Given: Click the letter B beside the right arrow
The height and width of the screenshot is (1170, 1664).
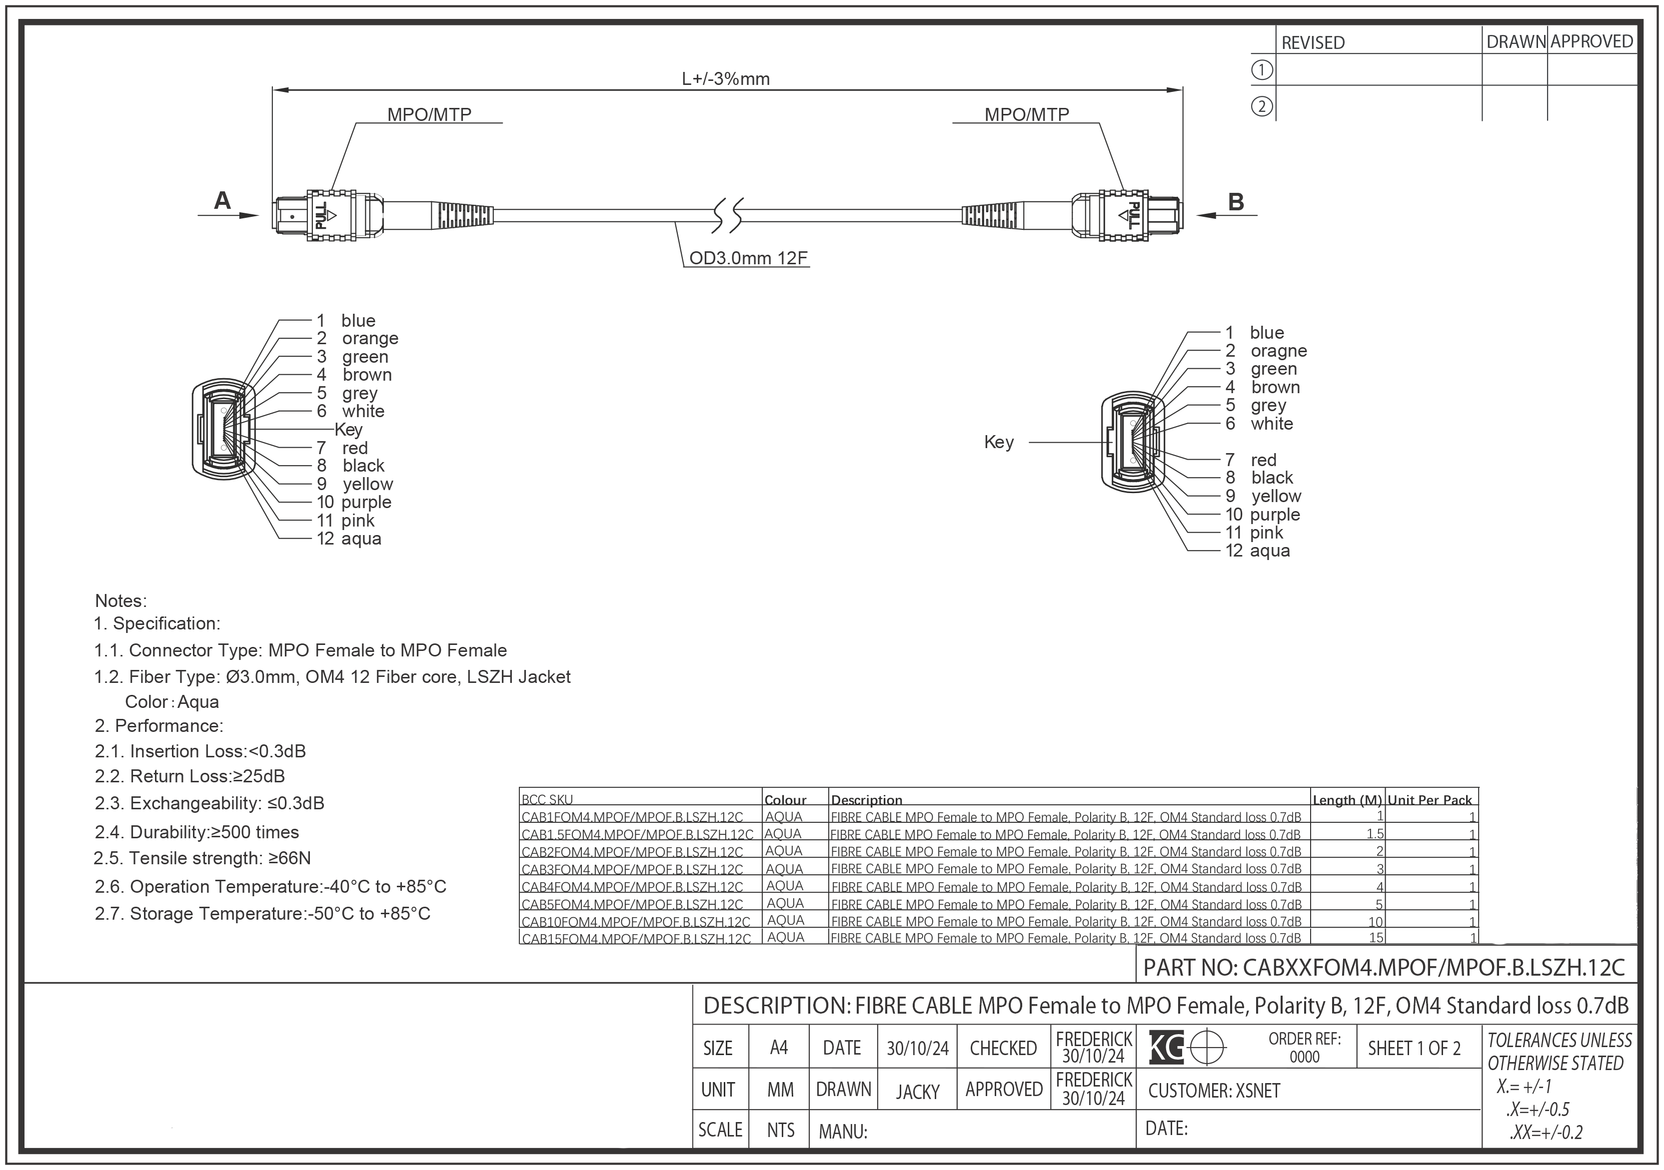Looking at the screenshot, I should point(1236,202).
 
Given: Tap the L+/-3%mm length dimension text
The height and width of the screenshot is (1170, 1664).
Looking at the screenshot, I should point(725,79).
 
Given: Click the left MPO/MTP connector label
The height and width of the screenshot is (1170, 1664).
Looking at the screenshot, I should point(429,114).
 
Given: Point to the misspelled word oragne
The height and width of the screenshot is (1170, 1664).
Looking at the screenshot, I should point(1279,351).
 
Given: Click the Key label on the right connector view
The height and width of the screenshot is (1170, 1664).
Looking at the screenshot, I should point(999,442).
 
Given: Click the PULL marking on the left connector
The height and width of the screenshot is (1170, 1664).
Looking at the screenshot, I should point(321,216).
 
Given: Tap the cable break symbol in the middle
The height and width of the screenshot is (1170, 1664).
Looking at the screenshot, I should point(727,215).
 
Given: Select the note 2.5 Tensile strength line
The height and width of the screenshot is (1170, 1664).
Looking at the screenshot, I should point(202,858).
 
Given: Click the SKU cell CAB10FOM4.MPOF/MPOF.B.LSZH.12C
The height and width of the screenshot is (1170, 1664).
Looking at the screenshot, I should point(636,922).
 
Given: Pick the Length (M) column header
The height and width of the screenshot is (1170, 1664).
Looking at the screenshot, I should point(1347,800).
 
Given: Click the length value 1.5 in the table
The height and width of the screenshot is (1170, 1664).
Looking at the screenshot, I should point(1374,834).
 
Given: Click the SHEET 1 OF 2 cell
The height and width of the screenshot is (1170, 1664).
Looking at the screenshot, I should point(1413,1048).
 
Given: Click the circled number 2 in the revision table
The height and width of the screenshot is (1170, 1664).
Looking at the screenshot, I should point(1262,106).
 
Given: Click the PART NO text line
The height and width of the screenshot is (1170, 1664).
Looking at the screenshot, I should point(1384,967).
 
